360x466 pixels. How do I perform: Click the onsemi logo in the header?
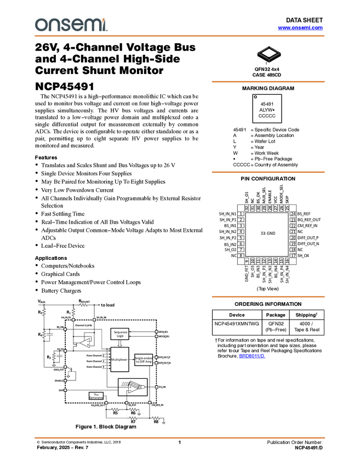tap(71, 25)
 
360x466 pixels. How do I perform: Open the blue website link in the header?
tap(300, 27)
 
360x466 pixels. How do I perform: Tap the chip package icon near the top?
tap(268, 53)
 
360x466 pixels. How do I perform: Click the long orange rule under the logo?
tap(180, 36)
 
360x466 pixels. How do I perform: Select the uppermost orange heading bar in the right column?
tap(268, 82)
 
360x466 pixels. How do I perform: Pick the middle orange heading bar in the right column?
tap(268, 172)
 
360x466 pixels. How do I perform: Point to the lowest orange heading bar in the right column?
tap(268, 297)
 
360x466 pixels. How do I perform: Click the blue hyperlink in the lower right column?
tap(252, 356)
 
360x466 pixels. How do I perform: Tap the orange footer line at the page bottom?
tap(180, 437)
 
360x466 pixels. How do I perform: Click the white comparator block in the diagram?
tap(132, 387)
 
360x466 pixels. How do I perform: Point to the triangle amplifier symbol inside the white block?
tap(133, 388)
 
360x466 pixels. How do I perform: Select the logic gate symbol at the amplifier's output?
tap(141, 387)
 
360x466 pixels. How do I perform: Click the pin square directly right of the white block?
tap(157, 387)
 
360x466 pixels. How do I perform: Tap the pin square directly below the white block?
tap(127, 403)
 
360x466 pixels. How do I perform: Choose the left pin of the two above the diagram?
tap(73, 320)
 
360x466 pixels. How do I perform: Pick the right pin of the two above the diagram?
tap(94, 320)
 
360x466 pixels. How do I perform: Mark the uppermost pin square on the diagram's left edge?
tap(65, 329)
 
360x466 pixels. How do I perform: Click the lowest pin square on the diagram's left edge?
tap(65, 390)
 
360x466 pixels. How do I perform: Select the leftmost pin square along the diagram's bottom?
tap(106, 403)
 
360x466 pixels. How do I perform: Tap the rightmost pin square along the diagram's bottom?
tap(150, 403)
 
